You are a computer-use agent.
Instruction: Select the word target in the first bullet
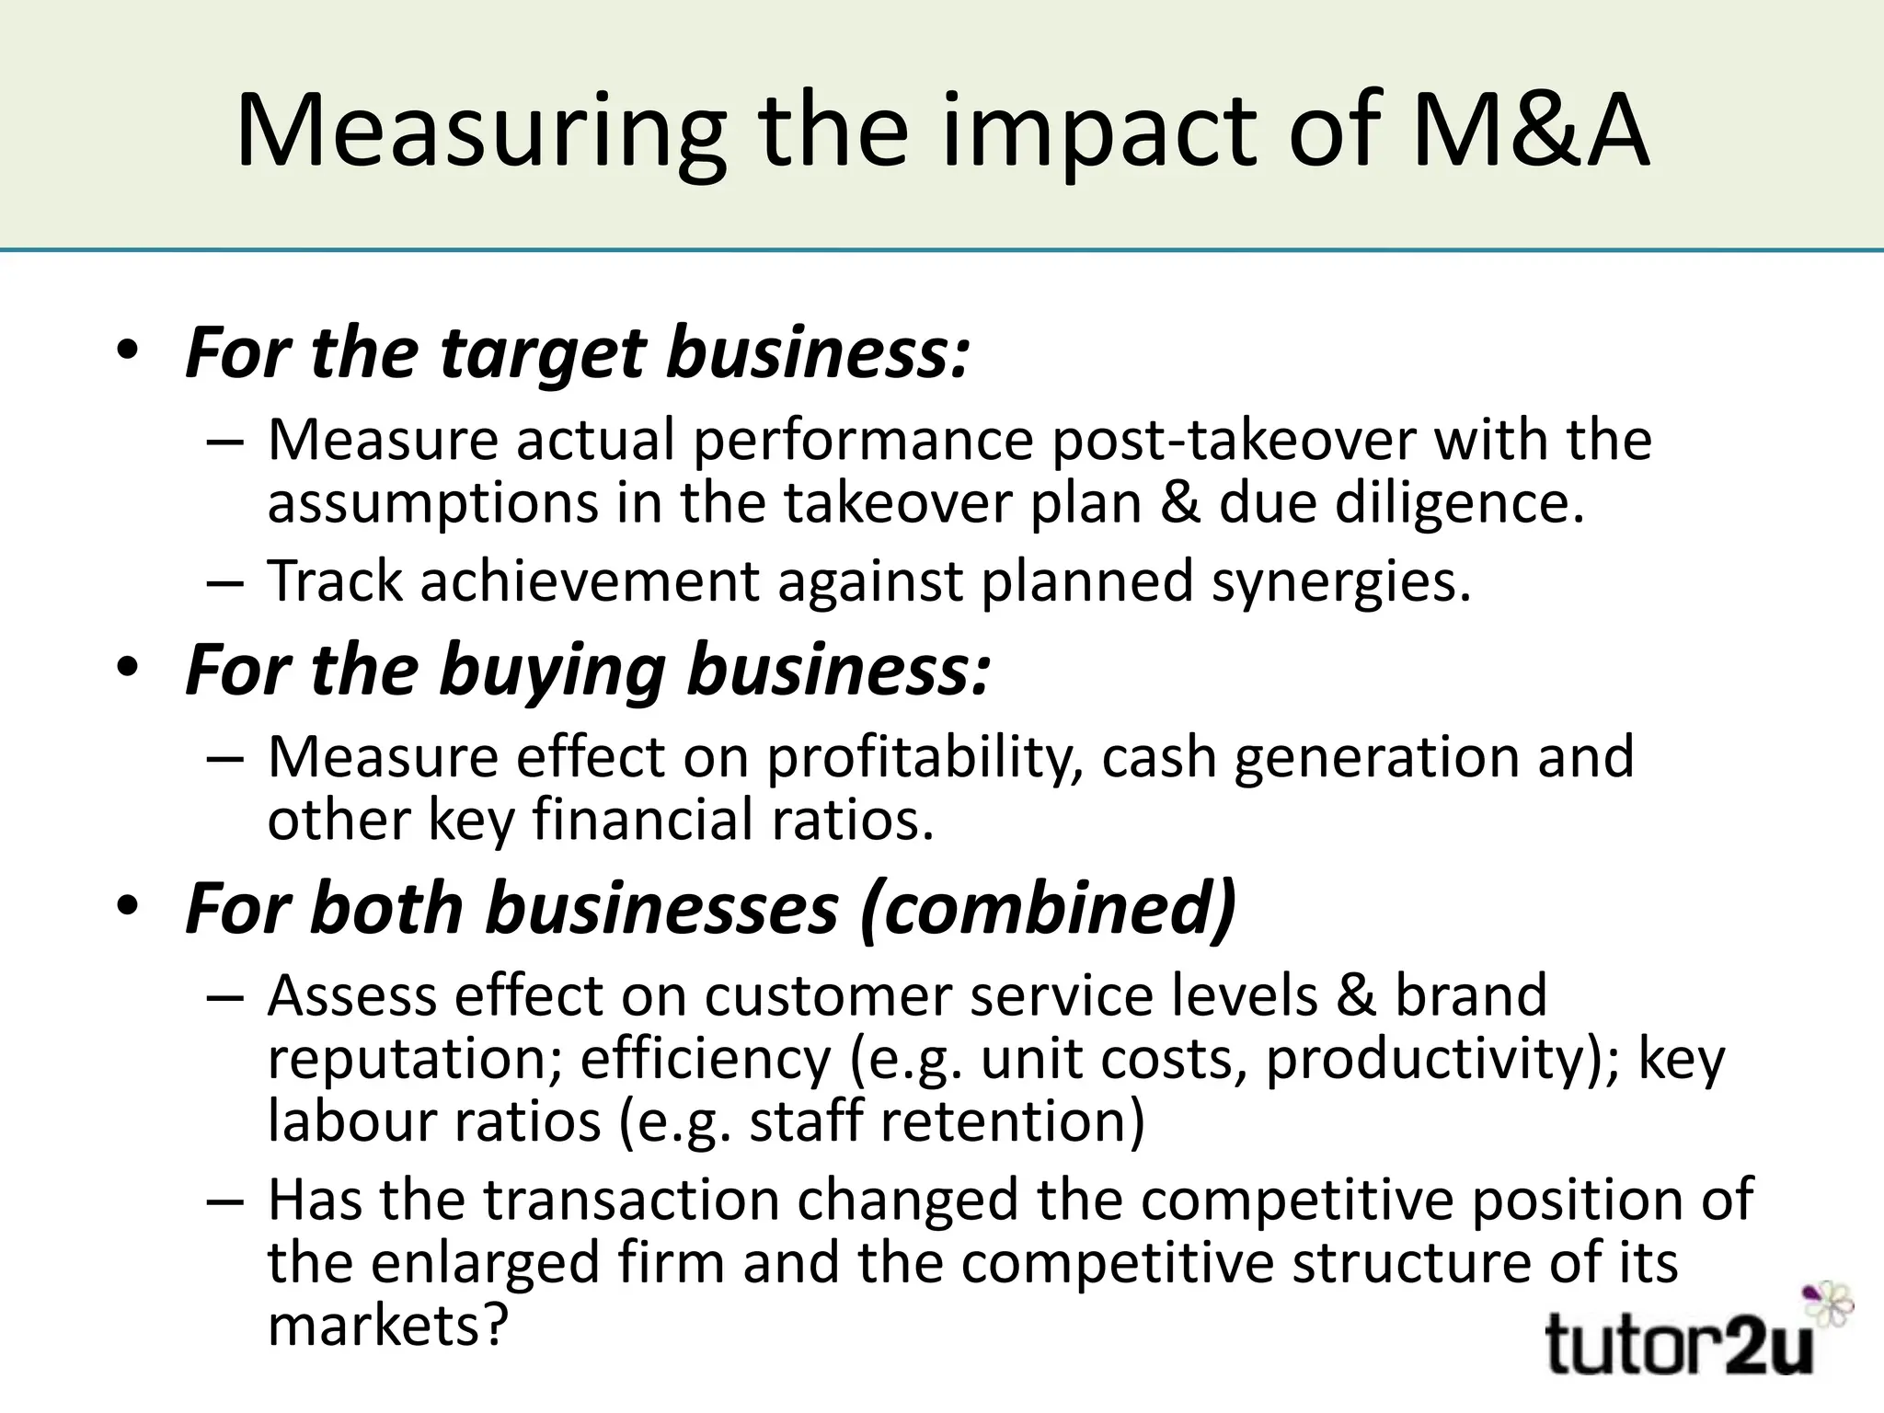pyautogui.click(x=542, y=353)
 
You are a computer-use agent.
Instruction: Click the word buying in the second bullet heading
pyautogui.click(x=552, y=671)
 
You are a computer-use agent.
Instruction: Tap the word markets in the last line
pyautogui.click(x=387, y=1326)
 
